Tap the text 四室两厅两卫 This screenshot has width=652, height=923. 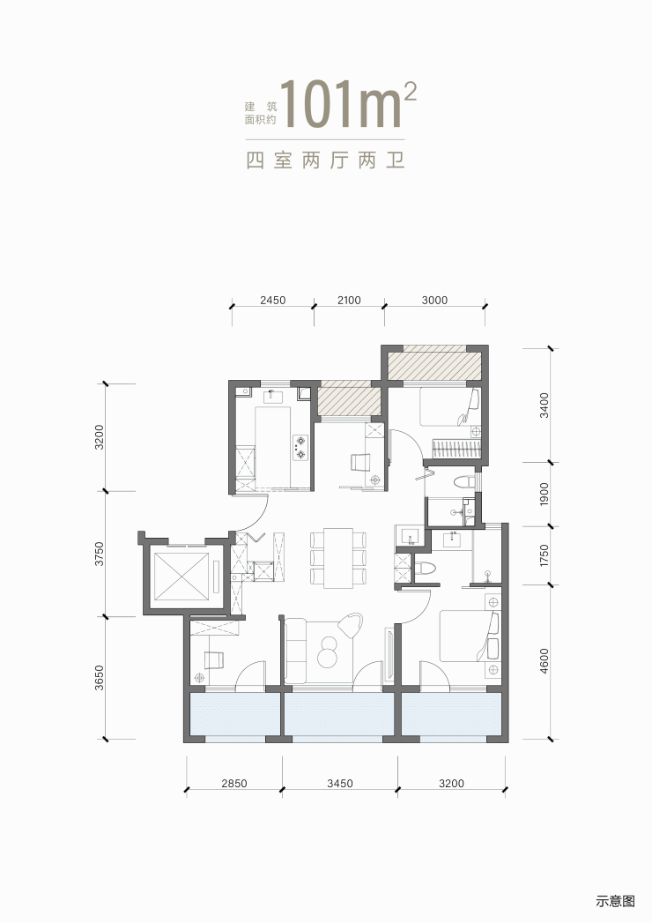pos(325,160)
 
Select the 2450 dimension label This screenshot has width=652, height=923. pos(272,301)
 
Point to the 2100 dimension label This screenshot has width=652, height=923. pos(349,301)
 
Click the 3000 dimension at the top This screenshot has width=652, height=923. pos(435,301)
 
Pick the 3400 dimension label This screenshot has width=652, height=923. pos(545,406)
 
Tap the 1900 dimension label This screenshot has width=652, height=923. pos(545,495)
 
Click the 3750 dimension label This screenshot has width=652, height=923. pos(100,554)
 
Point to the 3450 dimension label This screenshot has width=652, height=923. pos(340,784)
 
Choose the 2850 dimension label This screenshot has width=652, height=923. pos(234,784)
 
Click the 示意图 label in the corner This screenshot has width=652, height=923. pos(616,901)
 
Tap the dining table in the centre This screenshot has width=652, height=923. pos(337,558)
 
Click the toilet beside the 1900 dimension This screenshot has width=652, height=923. pos(464,481)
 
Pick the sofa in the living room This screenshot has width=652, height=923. pos(296,651)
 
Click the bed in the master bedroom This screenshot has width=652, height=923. pos(469,636)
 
